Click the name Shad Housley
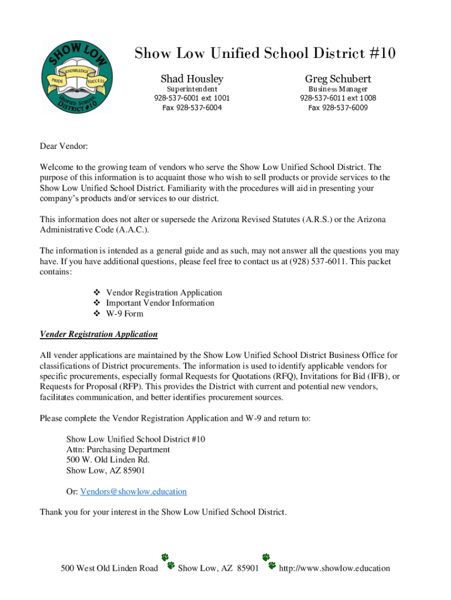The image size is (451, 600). click(192, 79)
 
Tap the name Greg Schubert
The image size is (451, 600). click(338, 79)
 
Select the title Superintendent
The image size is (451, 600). click(192, 89)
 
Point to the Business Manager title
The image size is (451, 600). click(338, 89)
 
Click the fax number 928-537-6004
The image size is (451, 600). click(192, 108)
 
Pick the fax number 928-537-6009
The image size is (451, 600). click(338, 108)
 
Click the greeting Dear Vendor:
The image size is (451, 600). click(63, 146)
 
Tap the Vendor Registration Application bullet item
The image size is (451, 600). click(164, 292)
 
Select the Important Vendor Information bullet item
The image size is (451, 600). click(160, 303)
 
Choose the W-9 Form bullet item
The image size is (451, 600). click(124, 313)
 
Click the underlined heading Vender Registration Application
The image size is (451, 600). click(98, 334)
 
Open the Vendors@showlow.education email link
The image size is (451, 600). click(134, 492)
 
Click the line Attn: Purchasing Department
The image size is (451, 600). click(118, 449)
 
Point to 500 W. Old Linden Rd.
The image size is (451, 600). click(108, 460)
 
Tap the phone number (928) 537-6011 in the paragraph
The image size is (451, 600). click(320, 261)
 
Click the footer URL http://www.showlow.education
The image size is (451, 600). click(334, 568)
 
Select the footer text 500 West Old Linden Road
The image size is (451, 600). click(110, 568)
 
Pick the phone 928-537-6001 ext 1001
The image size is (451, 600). click(192, 98)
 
